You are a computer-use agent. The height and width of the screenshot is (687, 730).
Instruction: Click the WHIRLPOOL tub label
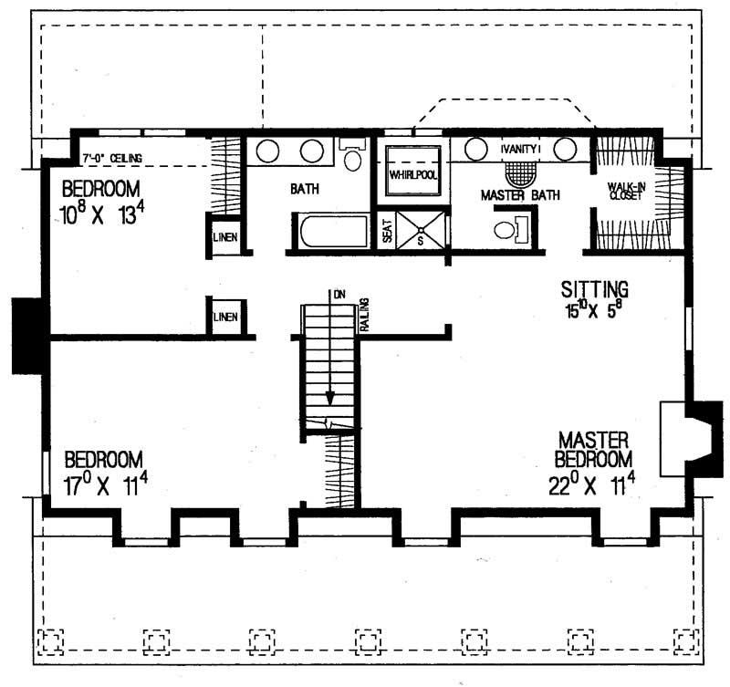click(x=413, y=175)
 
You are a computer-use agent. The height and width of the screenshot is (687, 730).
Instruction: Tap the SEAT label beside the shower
click(x=387, y=231)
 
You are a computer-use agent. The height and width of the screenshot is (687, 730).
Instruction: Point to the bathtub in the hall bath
click(x=334, y=232)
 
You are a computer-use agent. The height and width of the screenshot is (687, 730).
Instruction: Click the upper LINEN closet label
click(x=225, y=237)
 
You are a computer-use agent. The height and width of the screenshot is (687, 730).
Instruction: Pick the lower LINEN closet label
click(x=225, y=317)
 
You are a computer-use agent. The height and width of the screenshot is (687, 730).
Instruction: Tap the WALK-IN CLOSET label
click(x=627, y=192)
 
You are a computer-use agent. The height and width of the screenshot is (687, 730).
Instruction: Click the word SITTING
click(x=595, y=289)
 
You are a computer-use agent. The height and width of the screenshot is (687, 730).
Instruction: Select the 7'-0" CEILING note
click(x=112, y=158)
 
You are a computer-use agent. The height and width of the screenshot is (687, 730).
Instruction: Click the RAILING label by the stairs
click(x=364, y=315)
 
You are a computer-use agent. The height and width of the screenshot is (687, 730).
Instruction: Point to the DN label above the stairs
click(x=339, y=295)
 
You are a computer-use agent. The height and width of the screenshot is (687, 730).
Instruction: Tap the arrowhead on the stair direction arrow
click(x=330, y=399)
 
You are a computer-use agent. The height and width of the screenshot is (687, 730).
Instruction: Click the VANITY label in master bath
click(x=519, y=150)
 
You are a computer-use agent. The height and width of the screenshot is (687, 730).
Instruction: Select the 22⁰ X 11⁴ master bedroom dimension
click(x=591, y=486)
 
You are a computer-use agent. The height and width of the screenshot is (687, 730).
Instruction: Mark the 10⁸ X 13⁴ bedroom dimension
click(x=102, y=214)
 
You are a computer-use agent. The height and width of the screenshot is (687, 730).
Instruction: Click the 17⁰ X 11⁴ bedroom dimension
click(x=106, y=486)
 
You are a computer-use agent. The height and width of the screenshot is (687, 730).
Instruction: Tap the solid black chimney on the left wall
click(x=27, y=336)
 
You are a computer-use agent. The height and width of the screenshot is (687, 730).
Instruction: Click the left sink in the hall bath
click(x=267, y=151)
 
